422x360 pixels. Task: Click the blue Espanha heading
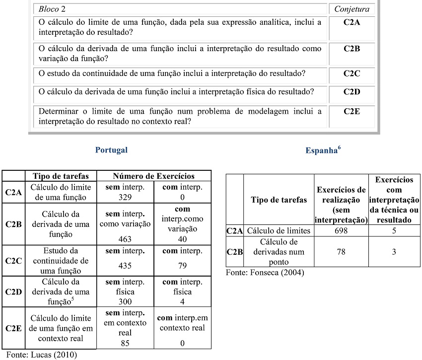point(322,150)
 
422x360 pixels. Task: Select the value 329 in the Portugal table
point(125,198)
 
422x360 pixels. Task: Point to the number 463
point(125,239)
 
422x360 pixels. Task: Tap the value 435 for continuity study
point(125,266)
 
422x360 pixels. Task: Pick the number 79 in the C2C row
point(182,266)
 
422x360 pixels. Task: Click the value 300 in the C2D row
point(125,301)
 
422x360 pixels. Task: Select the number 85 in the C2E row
point(125,343)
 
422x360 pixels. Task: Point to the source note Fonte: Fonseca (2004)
point(265,273)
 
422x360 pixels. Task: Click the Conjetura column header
point(352,9)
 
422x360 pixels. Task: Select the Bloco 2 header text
point(52,9)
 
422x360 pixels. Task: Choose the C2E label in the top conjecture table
point(352,111)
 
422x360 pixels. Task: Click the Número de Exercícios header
point(153,176)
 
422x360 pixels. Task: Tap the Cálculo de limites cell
point(279,231)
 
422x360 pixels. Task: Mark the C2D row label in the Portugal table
point(13,292)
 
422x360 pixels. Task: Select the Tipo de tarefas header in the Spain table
point(279,200)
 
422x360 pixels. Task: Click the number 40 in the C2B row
point(182,239)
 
